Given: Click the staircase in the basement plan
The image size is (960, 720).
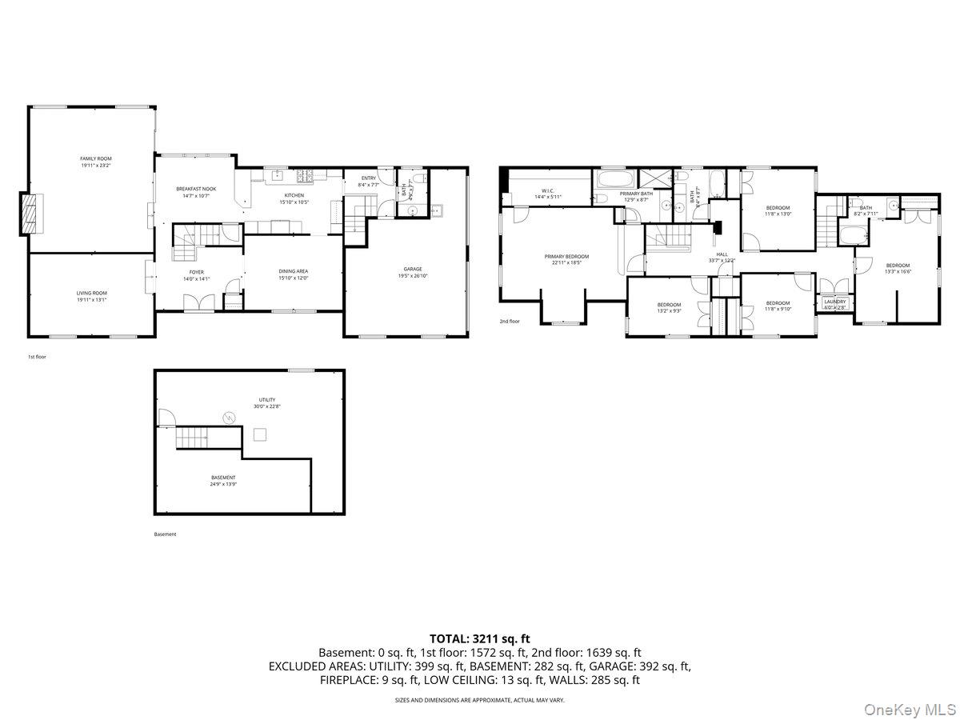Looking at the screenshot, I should coord(192,438).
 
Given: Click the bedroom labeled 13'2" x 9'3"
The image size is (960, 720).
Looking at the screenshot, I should coord(669,306).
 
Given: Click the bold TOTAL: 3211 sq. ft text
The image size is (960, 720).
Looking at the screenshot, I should coord(480,638).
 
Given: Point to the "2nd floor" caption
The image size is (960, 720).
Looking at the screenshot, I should coord(510,322).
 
